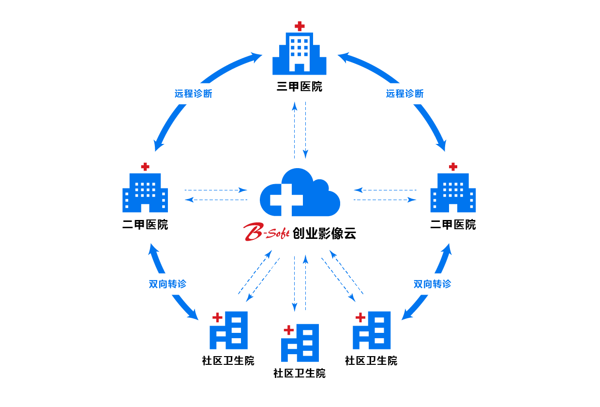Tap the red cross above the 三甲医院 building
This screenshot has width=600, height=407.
300,26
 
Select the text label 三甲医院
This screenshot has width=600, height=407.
300,87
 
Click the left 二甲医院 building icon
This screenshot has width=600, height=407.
145,193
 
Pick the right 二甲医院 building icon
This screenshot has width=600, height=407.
453,193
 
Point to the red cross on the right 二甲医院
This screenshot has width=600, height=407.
453,167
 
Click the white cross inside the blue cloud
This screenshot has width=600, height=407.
286,199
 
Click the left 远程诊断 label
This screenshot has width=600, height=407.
194,94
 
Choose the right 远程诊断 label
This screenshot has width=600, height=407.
405,94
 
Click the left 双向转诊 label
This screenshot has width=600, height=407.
167,284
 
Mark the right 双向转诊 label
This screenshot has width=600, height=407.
432,284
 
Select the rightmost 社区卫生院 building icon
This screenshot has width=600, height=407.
374,330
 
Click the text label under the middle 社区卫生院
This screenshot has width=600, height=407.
300,374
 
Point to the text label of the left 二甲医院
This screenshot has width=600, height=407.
145,225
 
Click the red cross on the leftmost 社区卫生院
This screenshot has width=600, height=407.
218,317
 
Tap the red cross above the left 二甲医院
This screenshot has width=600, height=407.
145,167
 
